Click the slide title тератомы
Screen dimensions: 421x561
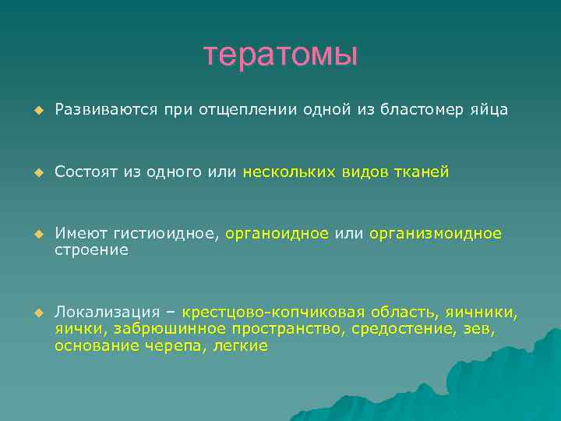click(x=280, y=55)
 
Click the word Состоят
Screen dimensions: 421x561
click(x=86, y=172)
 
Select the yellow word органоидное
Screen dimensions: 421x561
click(x=277, y=234)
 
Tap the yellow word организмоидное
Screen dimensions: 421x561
click(x=436, y=234)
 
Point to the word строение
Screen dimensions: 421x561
click(x=91, y=249)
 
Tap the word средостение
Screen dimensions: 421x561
click(x=400, y=329)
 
